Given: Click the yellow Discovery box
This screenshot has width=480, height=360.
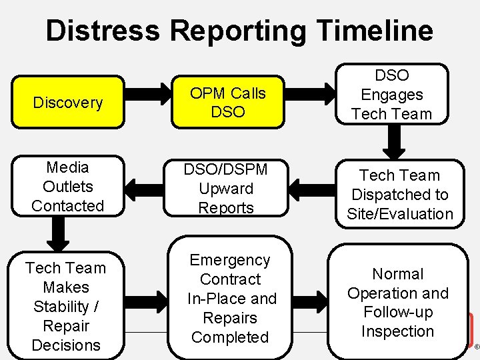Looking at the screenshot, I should [x=67, y=103].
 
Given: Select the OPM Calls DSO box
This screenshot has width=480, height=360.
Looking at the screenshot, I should [x=227, y=103].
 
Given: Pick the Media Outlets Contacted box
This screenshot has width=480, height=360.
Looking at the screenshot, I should [x=67, y=187].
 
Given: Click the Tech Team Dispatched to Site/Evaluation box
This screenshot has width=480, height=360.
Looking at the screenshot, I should [x=399, y=194].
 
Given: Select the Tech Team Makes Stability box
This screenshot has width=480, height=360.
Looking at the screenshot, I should [x=66, y=306].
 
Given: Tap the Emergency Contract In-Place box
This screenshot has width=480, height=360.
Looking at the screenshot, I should [x=230, y=298].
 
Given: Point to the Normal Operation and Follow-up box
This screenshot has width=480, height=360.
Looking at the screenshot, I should [x=398, y=302].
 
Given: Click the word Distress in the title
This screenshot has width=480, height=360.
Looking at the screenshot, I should [x=103, y=31].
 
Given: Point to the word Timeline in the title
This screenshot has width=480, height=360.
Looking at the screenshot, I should [x=374, y=31].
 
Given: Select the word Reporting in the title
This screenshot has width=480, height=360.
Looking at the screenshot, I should [x=238, y=31].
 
